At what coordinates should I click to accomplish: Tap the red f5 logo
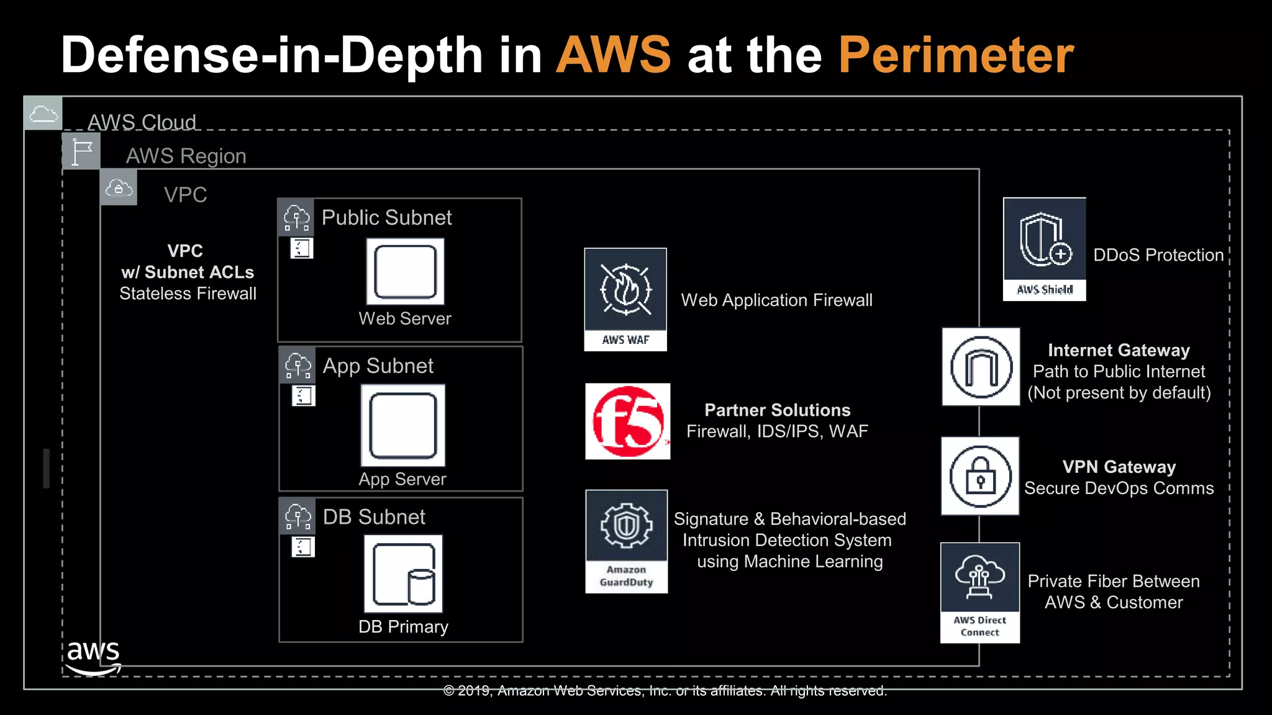click(x=627, y=421)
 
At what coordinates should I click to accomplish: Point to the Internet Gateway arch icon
click(x=981, y=367)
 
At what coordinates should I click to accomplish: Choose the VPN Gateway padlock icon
click(x=980, y=476)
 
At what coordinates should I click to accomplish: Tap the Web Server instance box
click(x=405, y=272)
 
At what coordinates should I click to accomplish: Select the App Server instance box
click(x=402, y=426)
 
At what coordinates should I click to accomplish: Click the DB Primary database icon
click(x=404, y=574)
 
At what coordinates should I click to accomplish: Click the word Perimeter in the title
click(x=956, y=55)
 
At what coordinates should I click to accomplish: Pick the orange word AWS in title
click(x=613, y=55)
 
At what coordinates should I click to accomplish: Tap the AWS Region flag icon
click(x=81, y=151)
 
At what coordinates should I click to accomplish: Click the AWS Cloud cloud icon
click(x=43, y=114)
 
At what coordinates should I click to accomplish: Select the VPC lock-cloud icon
click(x=119, y=187)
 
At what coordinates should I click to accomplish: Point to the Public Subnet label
click(x=386, y=218)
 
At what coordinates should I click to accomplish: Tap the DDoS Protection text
click(x=1158, y=255)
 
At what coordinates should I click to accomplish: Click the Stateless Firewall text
click(x=188, y=294)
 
